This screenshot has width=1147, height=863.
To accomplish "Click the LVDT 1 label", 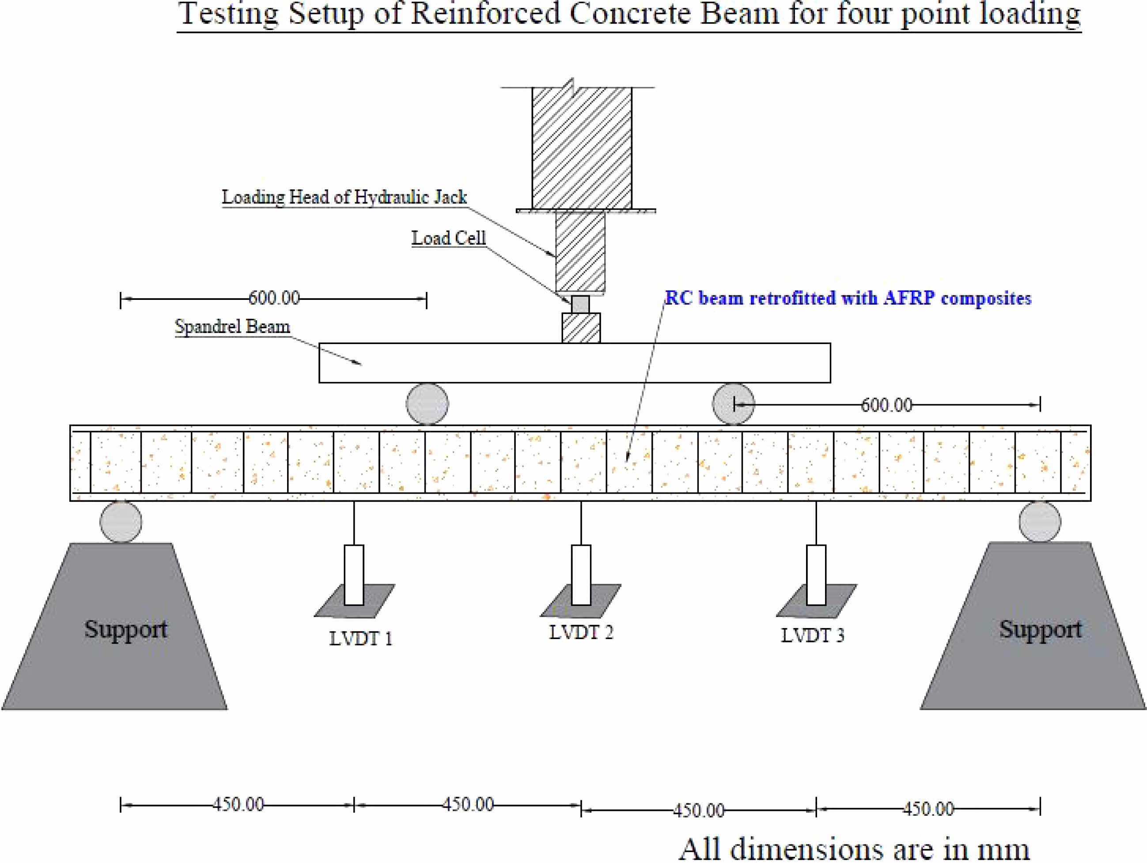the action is point(361,639).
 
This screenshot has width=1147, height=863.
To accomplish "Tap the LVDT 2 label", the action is point(581,632).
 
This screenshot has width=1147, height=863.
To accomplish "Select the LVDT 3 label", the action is point(813,635).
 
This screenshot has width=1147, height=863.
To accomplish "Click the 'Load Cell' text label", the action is point(449,238).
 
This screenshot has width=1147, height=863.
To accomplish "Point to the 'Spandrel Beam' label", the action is point(232,326).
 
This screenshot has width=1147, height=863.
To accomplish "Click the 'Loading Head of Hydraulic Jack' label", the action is point(344,197).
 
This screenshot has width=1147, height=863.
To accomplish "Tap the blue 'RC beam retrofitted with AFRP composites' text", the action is point(848,298).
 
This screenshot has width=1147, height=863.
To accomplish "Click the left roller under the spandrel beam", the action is point(427,404).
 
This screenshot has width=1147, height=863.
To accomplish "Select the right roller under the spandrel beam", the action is point(733,404).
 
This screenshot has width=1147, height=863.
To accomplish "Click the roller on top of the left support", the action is point(121,522).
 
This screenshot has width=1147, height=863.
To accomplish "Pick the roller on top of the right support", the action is point(1040,522).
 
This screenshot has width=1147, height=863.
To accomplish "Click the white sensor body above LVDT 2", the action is point(581,575).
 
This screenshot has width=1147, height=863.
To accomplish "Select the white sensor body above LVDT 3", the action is point(816,575).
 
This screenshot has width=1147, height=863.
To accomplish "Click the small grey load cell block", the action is point(581,304).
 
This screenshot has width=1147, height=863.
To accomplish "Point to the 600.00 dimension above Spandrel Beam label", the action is point(274,298).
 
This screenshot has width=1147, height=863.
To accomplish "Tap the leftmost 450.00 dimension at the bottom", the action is point(238,804).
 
